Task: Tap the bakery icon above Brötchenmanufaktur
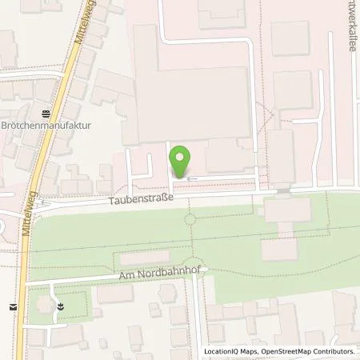point(46,113)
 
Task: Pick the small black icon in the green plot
point(61,305)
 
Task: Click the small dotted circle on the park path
point(190,218)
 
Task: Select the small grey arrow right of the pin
point(189,178)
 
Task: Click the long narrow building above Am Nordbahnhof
point(150,259)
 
